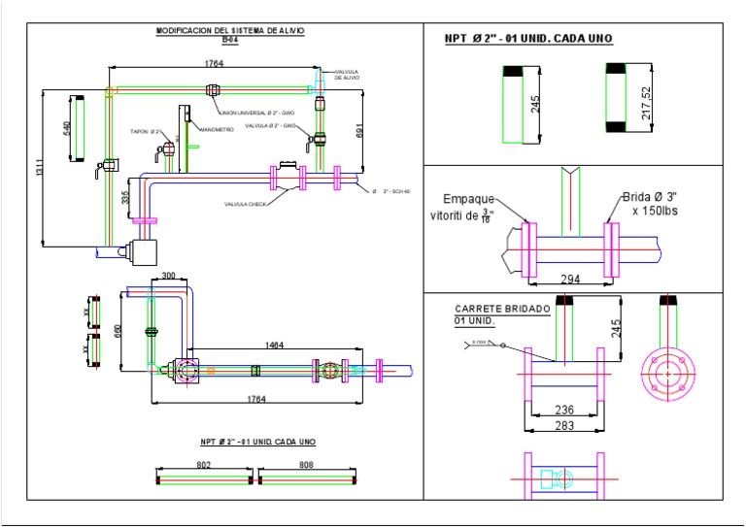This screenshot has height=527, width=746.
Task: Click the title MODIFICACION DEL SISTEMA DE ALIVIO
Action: [230, 31]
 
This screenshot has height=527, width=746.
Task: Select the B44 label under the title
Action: [229, 40]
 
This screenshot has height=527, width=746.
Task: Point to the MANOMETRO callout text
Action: [217, 129]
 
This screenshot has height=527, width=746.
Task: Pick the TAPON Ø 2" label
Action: [145, 131]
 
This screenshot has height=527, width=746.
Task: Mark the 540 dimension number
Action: [67, 128]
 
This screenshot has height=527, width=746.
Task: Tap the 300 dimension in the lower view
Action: [168, 277]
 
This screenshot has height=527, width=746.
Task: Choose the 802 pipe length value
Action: [204, 465]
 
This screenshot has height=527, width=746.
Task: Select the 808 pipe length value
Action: [307, 465]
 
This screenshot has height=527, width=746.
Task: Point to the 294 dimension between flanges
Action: [571, 280]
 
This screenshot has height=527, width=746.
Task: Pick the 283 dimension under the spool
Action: [563, 425]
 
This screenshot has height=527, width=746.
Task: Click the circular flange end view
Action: [668, 372]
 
